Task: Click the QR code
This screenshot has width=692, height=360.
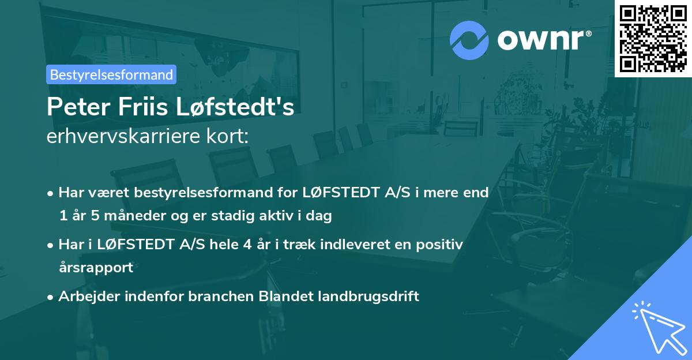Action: pos(653,38)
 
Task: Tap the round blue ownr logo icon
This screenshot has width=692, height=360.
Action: pos(469,40)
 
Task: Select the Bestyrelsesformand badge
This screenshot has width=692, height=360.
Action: pos(111,74)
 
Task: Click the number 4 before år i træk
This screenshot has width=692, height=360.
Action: pos(247,244)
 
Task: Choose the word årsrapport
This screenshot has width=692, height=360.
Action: pos(96,268)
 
